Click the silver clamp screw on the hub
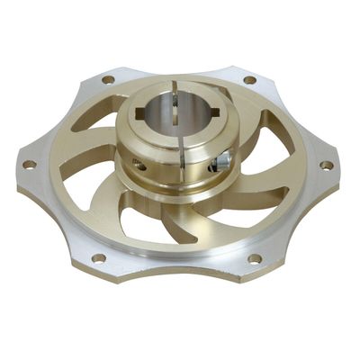220,161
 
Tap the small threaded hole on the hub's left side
141,166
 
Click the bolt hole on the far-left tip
29,165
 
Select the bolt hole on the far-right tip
327,166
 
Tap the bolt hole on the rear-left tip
108,79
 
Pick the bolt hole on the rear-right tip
249,80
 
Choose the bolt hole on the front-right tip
255,258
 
